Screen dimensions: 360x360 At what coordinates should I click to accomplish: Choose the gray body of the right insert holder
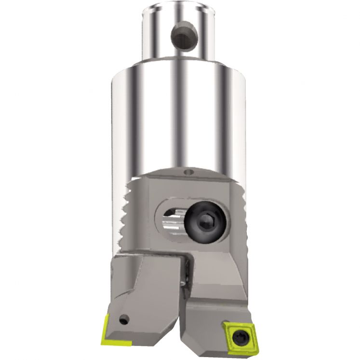point(212,308)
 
